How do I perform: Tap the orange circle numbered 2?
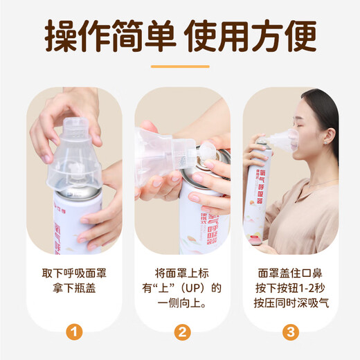180,332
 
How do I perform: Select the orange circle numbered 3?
288,332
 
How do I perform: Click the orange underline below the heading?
180,66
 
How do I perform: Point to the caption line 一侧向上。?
180,302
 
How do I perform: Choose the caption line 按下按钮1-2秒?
288,287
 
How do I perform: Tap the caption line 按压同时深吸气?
288,302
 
